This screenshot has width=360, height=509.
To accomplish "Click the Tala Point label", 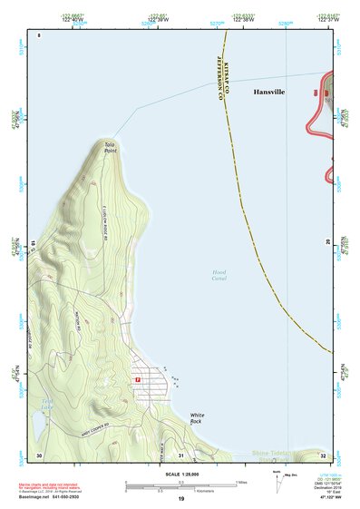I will [x=111, y=147].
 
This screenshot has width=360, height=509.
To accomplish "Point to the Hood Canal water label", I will [x=219, y=275].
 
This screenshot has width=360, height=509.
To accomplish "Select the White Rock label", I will [x=197, y=419].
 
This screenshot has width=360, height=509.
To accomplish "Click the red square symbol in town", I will [x=137, y=379].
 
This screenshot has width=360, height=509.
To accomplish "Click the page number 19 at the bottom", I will [x=181, y=499].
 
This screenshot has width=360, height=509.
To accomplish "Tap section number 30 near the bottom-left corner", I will [x=39, y=454].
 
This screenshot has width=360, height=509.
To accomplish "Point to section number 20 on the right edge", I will [x=327, y=241].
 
